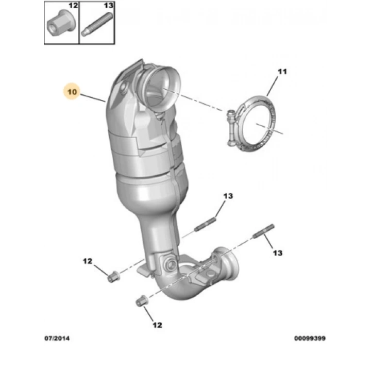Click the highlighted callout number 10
[72, 92]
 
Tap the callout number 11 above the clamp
[282, 72]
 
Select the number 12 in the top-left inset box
[73, 6]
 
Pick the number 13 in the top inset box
[109, 6]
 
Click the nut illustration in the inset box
[61, 23]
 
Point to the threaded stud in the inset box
[97, 24]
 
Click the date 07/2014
[57, 339]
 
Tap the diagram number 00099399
[310, 339]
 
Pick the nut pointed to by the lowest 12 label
[142, 301]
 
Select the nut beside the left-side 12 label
[113, 277]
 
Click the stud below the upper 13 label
[205, 225]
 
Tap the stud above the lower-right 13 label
[264, 231]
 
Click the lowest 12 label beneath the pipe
[157, 325]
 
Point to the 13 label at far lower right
[278, 253]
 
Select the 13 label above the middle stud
[228, 196]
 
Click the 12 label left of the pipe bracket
[87, 261]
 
